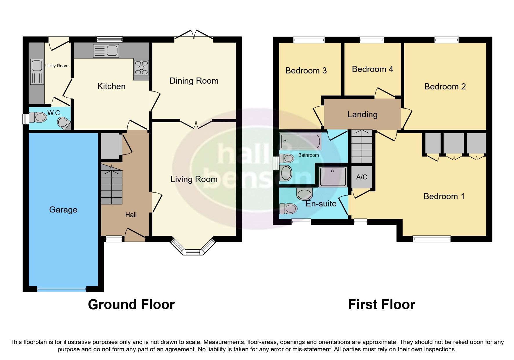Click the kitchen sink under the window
click(x=106, y=51)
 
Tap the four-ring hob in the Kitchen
click(x=141, y=67)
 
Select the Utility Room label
click(x=57, y=66)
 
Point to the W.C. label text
click(x=54, y=113)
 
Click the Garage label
click(x=63, y=210)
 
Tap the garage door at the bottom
click(x=62, y=289)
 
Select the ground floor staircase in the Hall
click(x=111, y=184)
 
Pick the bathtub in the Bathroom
click(x=300, y=141)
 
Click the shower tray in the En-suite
click(x=333, y=177)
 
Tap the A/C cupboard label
click(x=362, y=177)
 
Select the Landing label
click(x=362, y=114)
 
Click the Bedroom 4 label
click(x=372, y=69)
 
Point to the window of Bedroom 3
click(x=309, y=40)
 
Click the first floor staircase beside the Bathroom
click(x=362, y=147)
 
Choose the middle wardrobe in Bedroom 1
click(x=454, y=143)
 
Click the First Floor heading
click(x=381, y=305)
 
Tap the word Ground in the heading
click(x=110, y=305)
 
